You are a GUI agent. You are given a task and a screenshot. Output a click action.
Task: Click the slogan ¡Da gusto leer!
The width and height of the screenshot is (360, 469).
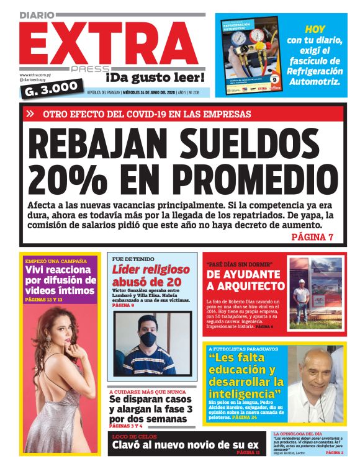[x=155, y=78]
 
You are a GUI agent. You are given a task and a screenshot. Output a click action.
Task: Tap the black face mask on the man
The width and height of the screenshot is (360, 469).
[x=149, y=339]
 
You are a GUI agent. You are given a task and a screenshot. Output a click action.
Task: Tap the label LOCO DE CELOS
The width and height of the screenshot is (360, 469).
[x=130, y=437]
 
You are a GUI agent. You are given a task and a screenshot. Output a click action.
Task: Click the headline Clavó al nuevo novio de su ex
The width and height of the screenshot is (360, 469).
[x=184, y=445]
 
